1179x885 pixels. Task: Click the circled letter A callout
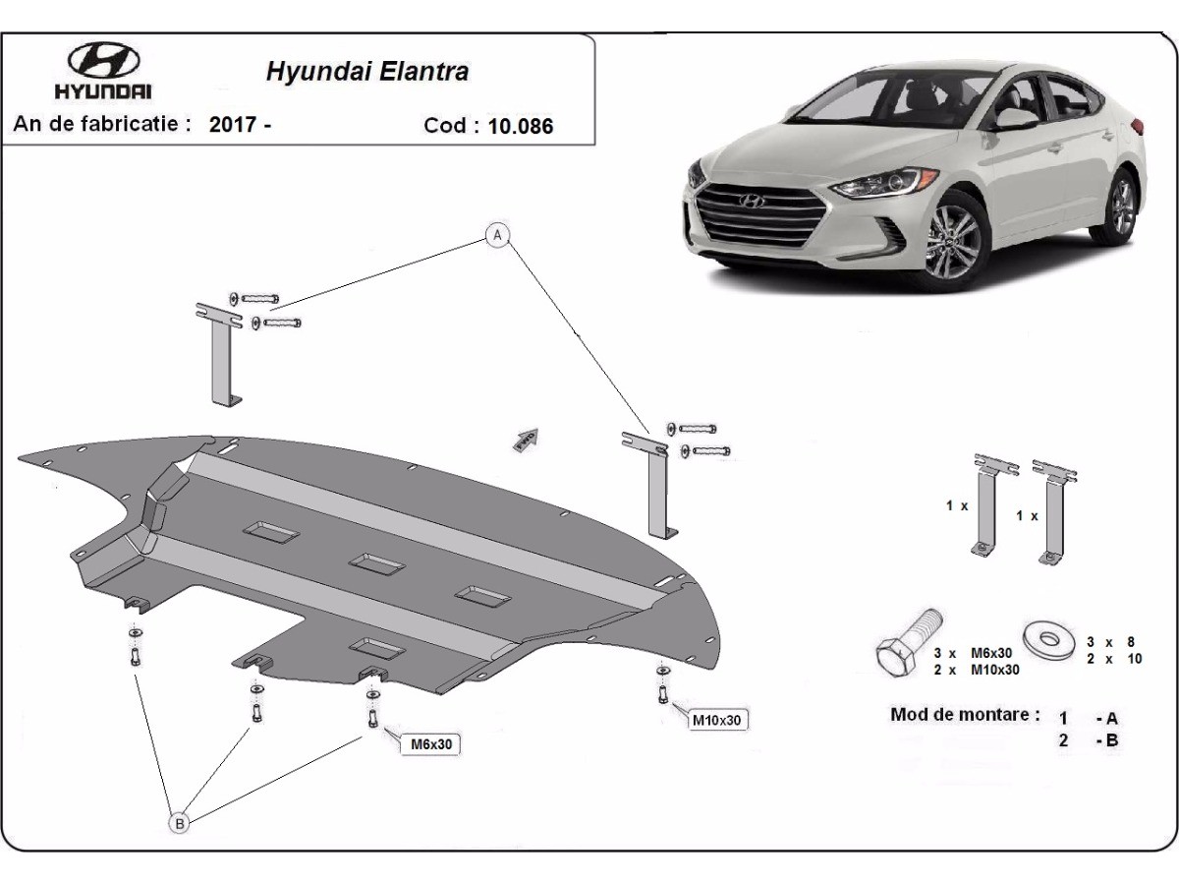pos(498,234)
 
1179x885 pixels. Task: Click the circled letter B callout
pos(180,823)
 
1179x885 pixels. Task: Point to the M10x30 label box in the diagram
pos(718,720)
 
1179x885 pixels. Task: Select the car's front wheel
pos(950,241)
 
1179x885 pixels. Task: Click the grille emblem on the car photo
pos(752,201)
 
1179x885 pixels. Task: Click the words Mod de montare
pos(965,715)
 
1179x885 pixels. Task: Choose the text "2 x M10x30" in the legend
pos(977,669)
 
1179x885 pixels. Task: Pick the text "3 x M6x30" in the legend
pos(977,652)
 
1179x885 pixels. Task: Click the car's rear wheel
pos(1122,205)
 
